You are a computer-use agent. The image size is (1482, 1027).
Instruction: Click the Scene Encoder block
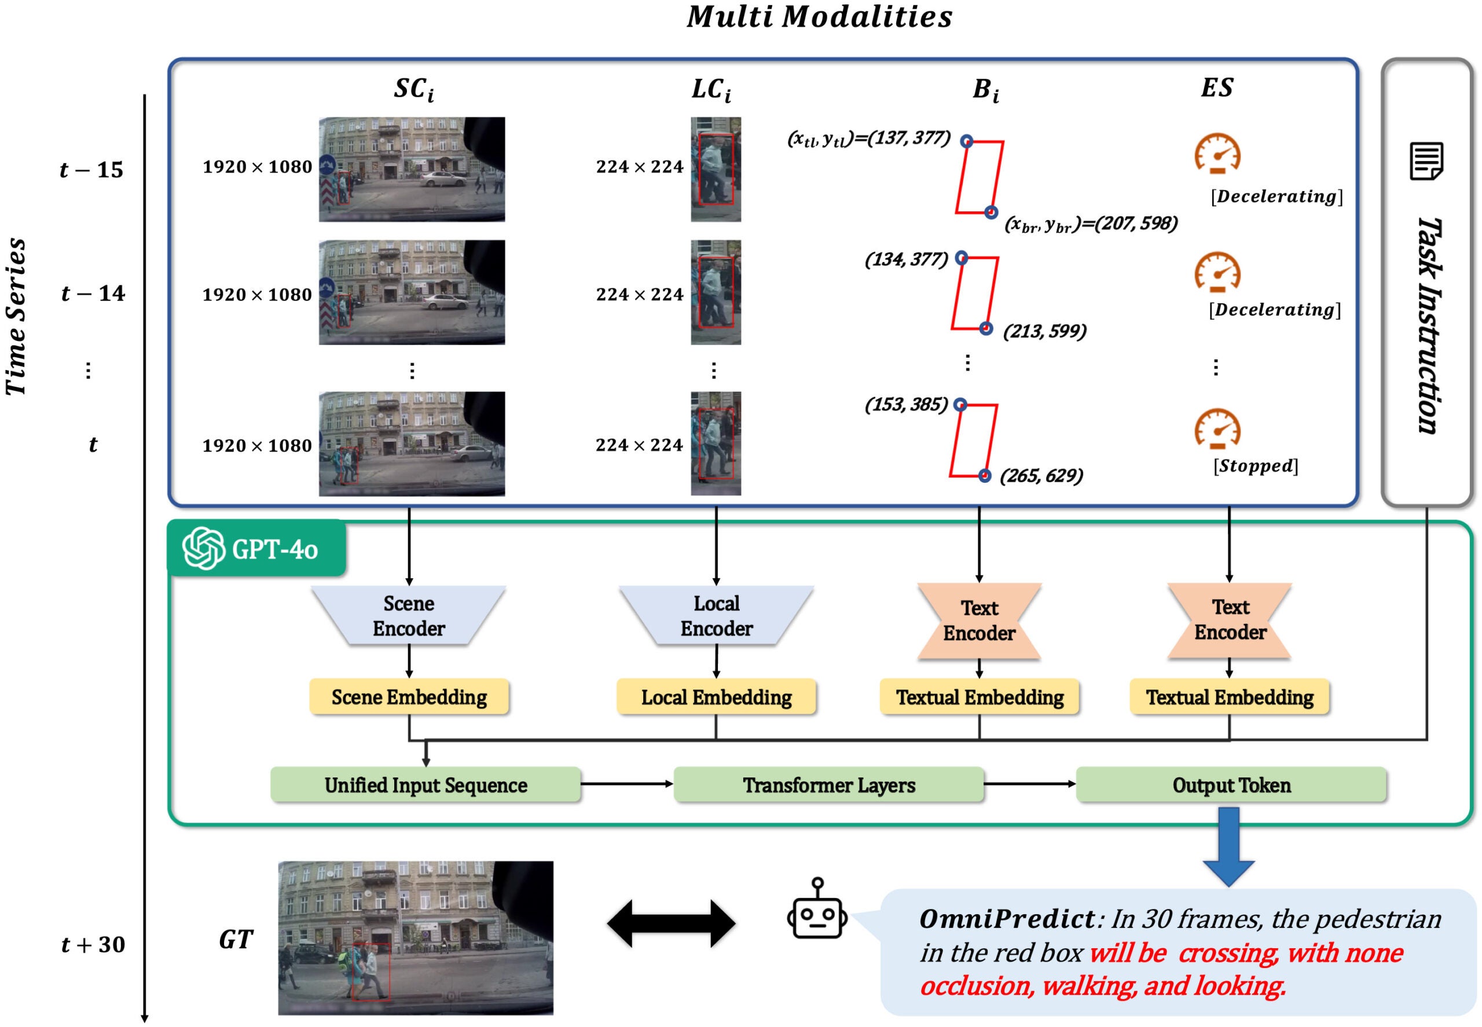coord(409,615)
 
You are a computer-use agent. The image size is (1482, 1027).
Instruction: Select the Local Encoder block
coord(716,615)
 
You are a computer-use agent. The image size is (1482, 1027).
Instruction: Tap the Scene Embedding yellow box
coord(409,697)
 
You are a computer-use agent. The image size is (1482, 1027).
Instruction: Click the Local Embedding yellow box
coord(716,697)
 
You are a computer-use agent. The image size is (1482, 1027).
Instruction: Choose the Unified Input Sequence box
coord(425,784)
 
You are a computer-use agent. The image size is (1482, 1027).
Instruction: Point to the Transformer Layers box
coord(828,784)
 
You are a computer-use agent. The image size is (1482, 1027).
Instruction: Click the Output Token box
coord(1230,784)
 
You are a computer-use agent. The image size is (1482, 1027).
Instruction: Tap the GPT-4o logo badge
coord(256,548)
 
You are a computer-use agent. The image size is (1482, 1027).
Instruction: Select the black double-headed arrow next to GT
coord(670,923)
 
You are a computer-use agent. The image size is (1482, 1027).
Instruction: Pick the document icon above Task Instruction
coord(1426,161)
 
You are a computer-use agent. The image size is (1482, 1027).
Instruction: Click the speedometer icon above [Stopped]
coord(1217,428)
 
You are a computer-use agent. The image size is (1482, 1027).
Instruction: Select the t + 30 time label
coord(93,944)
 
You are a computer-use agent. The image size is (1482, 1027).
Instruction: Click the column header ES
coord(1216,87)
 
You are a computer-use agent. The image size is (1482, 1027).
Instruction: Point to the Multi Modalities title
coord(819,17)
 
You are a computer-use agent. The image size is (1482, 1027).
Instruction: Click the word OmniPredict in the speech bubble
coord(1007,918)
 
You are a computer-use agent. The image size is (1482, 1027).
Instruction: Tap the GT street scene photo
coord(415,937)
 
